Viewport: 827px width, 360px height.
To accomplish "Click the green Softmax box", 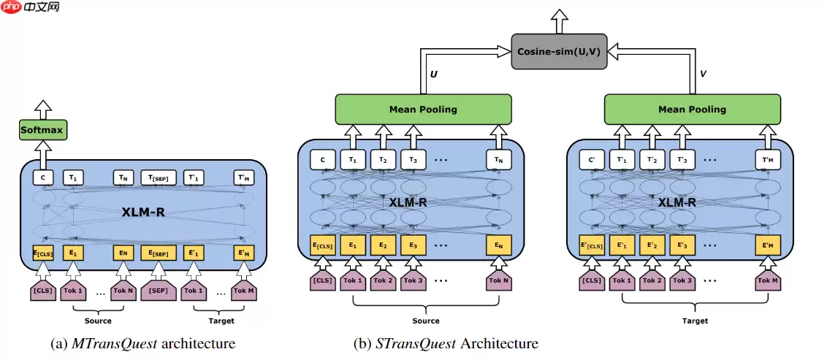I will click(42, 131).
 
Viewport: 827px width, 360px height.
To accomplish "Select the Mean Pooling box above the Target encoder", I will click(692, 110).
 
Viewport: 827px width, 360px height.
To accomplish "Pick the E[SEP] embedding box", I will click(159, 253).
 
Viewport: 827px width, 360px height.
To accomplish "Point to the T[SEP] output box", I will click(159, 177).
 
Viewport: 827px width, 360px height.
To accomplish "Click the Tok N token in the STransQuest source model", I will click(498, 281).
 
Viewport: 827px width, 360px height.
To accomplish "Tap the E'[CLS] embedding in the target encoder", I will click(592, 245).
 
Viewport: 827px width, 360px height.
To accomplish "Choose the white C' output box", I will click(592, 158).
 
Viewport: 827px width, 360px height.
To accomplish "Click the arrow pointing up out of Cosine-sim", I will click(560, 20).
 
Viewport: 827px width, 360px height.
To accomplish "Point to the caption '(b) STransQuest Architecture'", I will click(445, 342).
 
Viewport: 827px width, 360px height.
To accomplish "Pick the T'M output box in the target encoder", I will click(768, 158).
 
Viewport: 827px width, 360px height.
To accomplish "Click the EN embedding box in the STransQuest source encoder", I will click(498, 245).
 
